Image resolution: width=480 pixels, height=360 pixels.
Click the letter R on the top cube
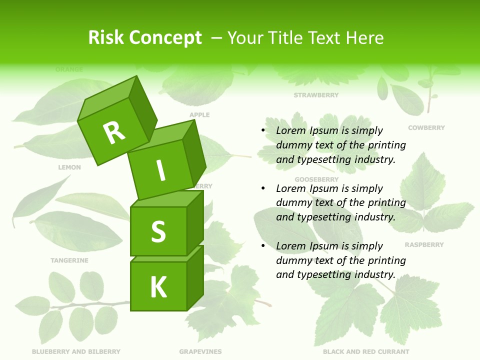[x=114, y=132]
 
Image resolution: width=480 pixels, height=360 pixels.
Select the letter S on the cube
[x=158, y=231]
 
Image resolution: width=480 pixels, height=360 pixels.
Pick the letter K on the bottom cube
[x=158, y=287]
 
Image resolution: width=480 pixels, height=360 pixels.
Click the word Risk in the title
[x=106, y=38]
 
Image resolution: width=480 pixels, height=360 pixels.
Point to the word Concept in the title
[x=166, y=38]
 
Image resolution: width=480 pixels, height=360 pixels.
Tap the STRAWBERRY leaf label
[x=316, y=95]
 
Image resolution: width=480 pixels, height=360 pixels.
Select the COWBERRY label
[x=426, y=128]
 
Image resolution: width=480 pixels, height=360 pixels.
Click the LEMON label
[x=69, y=167]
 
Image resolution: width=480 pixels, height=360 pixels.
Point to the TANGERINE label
[x=69, y=260]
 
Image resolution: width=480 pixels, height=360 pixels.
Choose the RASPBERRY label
[x=424, y=245]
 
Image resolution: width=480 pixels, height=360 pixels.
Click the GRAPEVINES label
[x=200, y=352]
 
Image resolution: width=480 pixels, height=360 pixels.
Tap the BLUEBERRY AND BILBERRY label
[x=76, y=352]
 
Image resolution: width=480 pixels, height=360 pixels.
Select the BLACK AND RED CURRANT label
[x=366, y=352]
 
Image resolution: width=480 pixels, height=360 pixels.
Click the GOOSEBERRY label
[x=316, y=179]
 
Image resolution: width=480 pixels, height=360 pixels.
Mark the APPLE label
[x=199, y=115]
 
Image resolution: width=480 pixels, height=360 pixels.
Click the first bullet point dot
[x=263, y=130]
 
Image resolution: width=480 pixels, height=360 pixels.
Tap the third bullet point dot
[x=263, y=246]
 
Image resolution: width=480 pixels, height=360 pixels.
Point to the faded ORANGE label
[x=69, y=69]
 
